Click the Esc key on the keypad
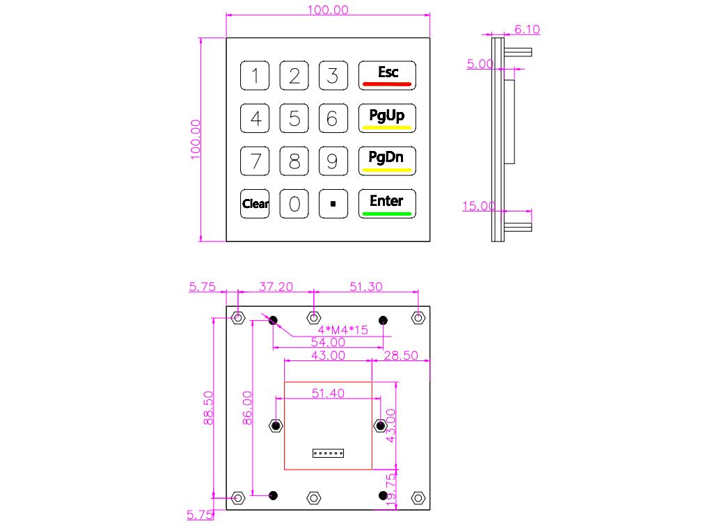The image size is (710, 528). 387,75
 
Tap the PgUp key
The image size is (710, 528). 387,118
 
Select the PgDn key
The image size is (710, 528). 387,160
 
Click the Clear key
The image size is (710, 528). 255,204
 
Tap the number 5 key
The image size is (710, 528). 294,118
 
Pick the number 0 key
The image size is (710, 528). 294,204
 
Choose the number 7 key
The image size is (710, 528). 255,161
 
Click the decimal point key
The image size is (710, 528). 333,204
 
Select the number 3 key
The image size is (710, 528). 333,75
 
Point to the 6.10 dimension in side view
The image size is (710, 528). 526,29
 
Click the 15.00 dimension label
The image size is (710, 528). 478,206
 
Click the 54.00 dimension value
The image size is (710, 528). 327,342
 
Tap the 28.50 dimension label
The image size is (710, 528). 401,355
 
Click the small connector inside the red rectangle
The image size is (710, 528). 328,454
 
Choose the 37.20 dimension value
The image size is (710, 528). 276,287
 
